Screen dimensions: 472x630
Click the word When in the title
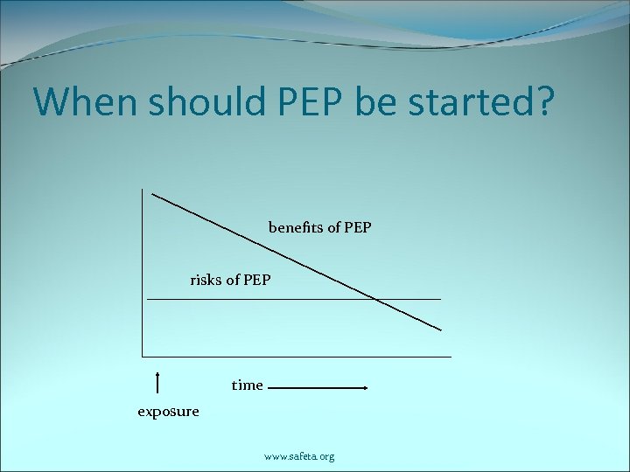[x=84, y=102]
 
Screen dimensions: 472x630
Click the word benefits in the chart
[x=294, y=228]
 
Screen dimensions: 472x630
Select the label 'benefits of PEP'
[x=319, y=228]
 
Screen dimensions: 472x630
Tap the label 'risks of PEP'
[x=230, y=281]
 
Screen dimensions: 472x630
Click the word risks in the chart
[x=206, y=281]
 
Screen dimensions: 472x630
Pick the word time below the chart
[x=247, y=385]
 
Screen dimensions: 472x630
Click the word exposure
[x=168, y=412]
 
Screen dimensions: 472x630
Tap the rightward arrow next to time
[x=317, y=387]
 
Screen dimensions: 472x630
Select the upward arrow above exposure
[x=157, y=381]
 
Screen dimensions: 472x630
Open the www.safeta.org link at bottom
[x=299, y=456]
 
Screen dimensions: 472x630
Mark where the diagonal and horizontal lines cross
[x=374, y=299]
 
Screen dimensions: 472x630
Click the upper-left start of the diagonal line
[x=153, y=193]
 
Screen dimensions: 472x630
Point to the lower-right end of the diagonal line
[x=441, y=330]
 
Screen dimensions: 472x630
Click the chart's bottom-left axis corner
[x=142, y=356]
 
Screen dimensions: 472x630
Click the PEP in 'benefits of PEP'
[x=358, y=228]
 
